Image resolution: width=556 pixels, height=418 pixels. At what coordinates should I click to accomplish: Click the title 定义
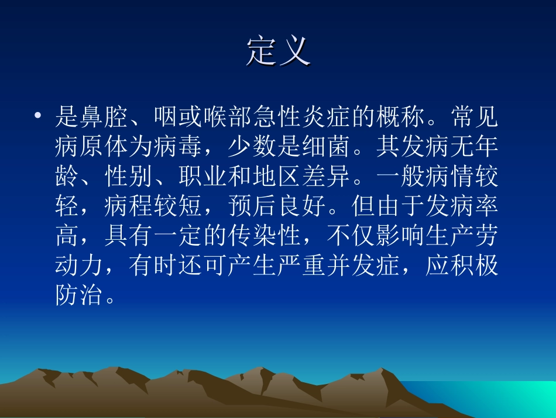pos(277,52)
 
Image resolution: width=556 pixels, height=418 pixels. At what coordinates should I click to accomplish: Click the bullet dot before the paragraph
pos(39,116)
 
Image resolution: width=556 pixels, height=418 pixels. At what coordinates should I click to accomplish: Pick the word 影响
pos(400,237)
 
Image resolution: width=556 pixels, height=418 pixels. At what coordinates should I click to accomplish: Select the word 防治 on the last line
pos(80,297)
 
